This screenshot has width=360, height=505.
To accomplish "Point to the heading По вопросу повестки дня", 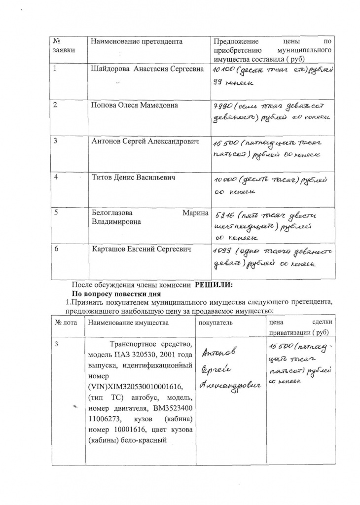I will click(115, 293).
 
